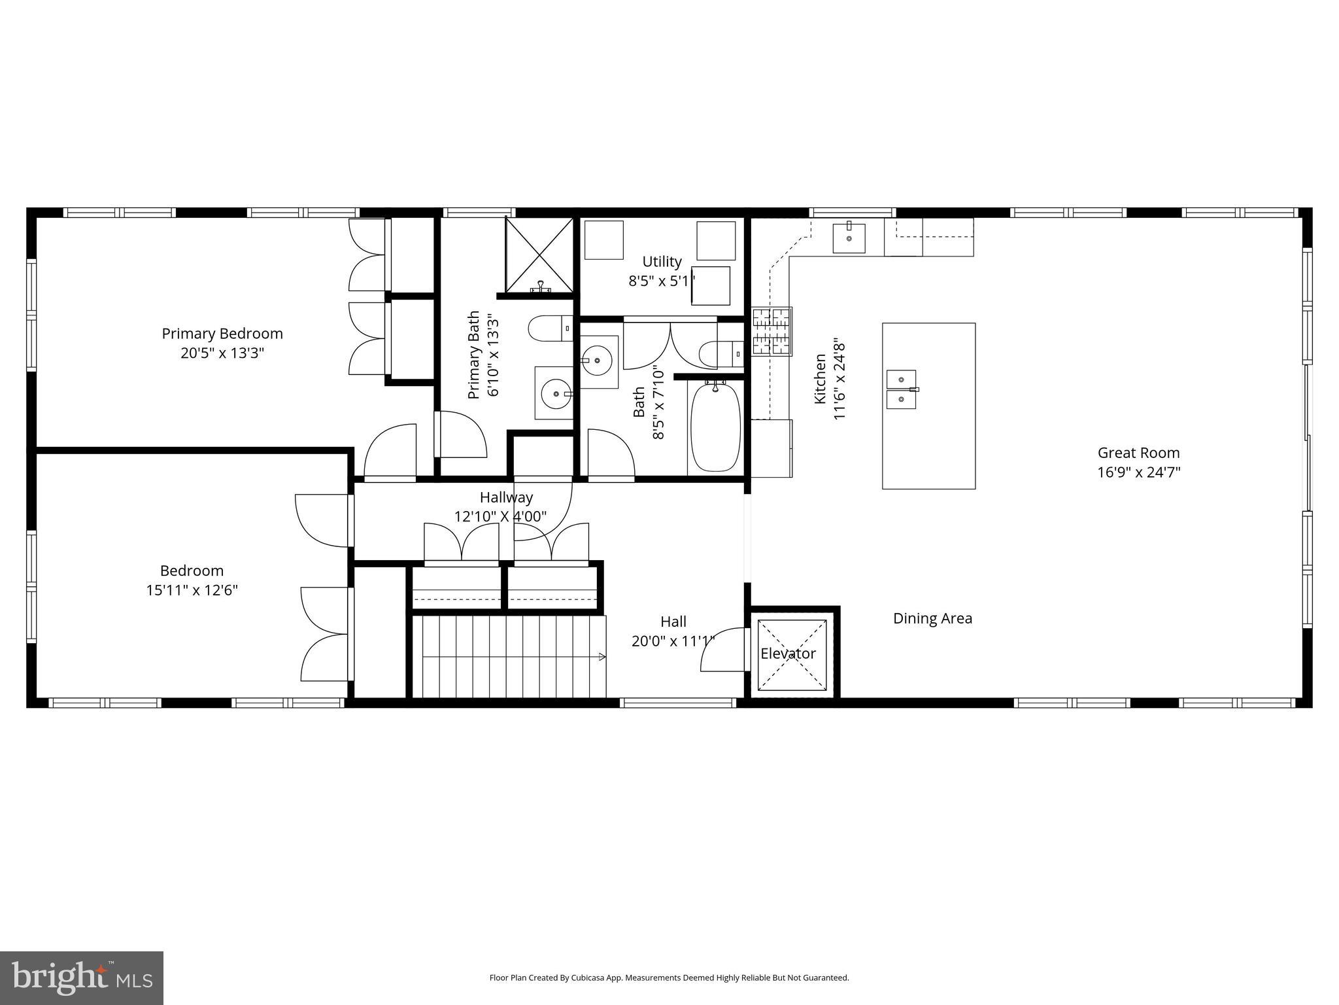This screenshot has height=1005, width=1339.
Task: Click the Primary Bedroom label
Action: tap(222, 334)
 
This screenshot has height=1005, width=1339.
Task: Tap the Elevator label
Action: tap(788, 654)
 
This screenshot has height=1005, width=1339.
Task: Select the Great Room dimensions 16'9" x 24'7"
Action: tap(1138, 472)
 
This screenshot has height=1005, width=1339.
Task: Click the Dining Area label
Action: tap(932, 618)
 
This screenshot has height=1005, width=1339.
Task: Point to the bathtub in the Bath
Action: tap(715, 427)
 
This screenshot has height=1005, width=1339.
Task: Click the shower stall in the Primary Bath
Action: tap(539, 255)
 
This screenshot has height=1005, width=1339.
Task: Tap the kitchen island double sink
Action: tap(902, 389)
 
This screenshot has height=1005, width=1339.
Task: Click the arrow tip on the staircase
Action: tap(602, 656)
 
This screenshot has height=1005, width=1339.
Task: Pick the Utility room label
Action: tap(662, 262)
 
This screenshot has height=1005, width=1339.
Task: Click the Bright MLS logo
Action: tap(82, 978)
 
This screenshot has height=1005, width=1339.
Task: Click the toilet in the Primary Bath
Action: tap(548, 328)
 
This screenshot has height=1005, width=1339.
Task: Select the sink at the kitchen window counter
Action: tap(849, 238)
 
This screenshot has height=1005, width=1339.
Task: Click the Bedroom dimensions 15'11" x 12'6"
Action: tap(192, 590)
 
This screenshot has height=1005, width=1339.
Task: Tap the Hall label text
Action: tap(673, 622)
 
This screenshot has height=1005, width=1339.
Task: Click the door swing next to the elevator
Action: tap(724, 649)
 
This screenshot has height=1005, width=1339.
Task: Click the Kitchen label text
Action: tap(820, 379)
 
